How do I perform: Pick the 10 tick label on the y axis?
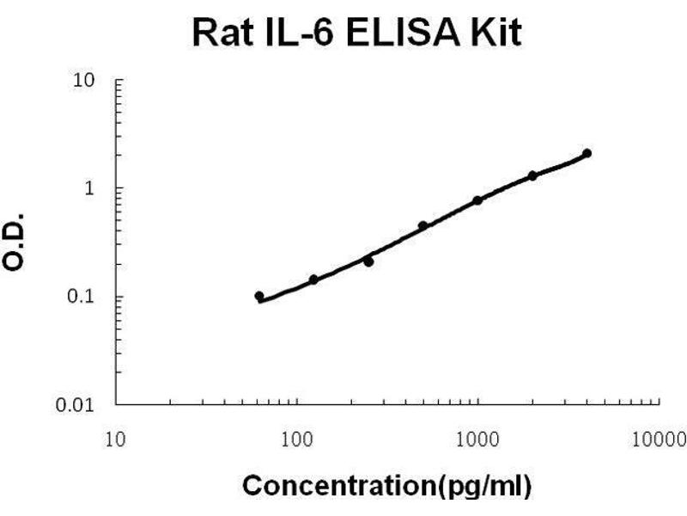[x=94, y=81]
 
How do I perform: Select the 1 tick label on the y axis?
[x=98, y=188]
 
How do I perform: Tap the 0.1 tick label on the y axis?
[x=91, y=297]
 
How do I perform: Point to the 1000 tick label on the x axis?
[x=477, y=440]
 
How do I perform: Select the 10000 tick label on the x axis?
[x=658, y=440]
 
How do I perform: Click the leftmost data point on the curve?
[x=259, y=296]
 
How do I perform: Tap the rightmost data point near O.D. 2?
[x=587, y=154]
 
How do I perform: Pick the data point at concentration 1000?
[x=477, y=200]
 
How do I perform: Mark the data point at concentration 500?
[x=423, y=226]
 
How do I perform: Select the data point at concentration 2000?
[x=532, y=175]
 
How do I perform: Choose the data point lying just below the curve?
[x=368, y=261]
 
